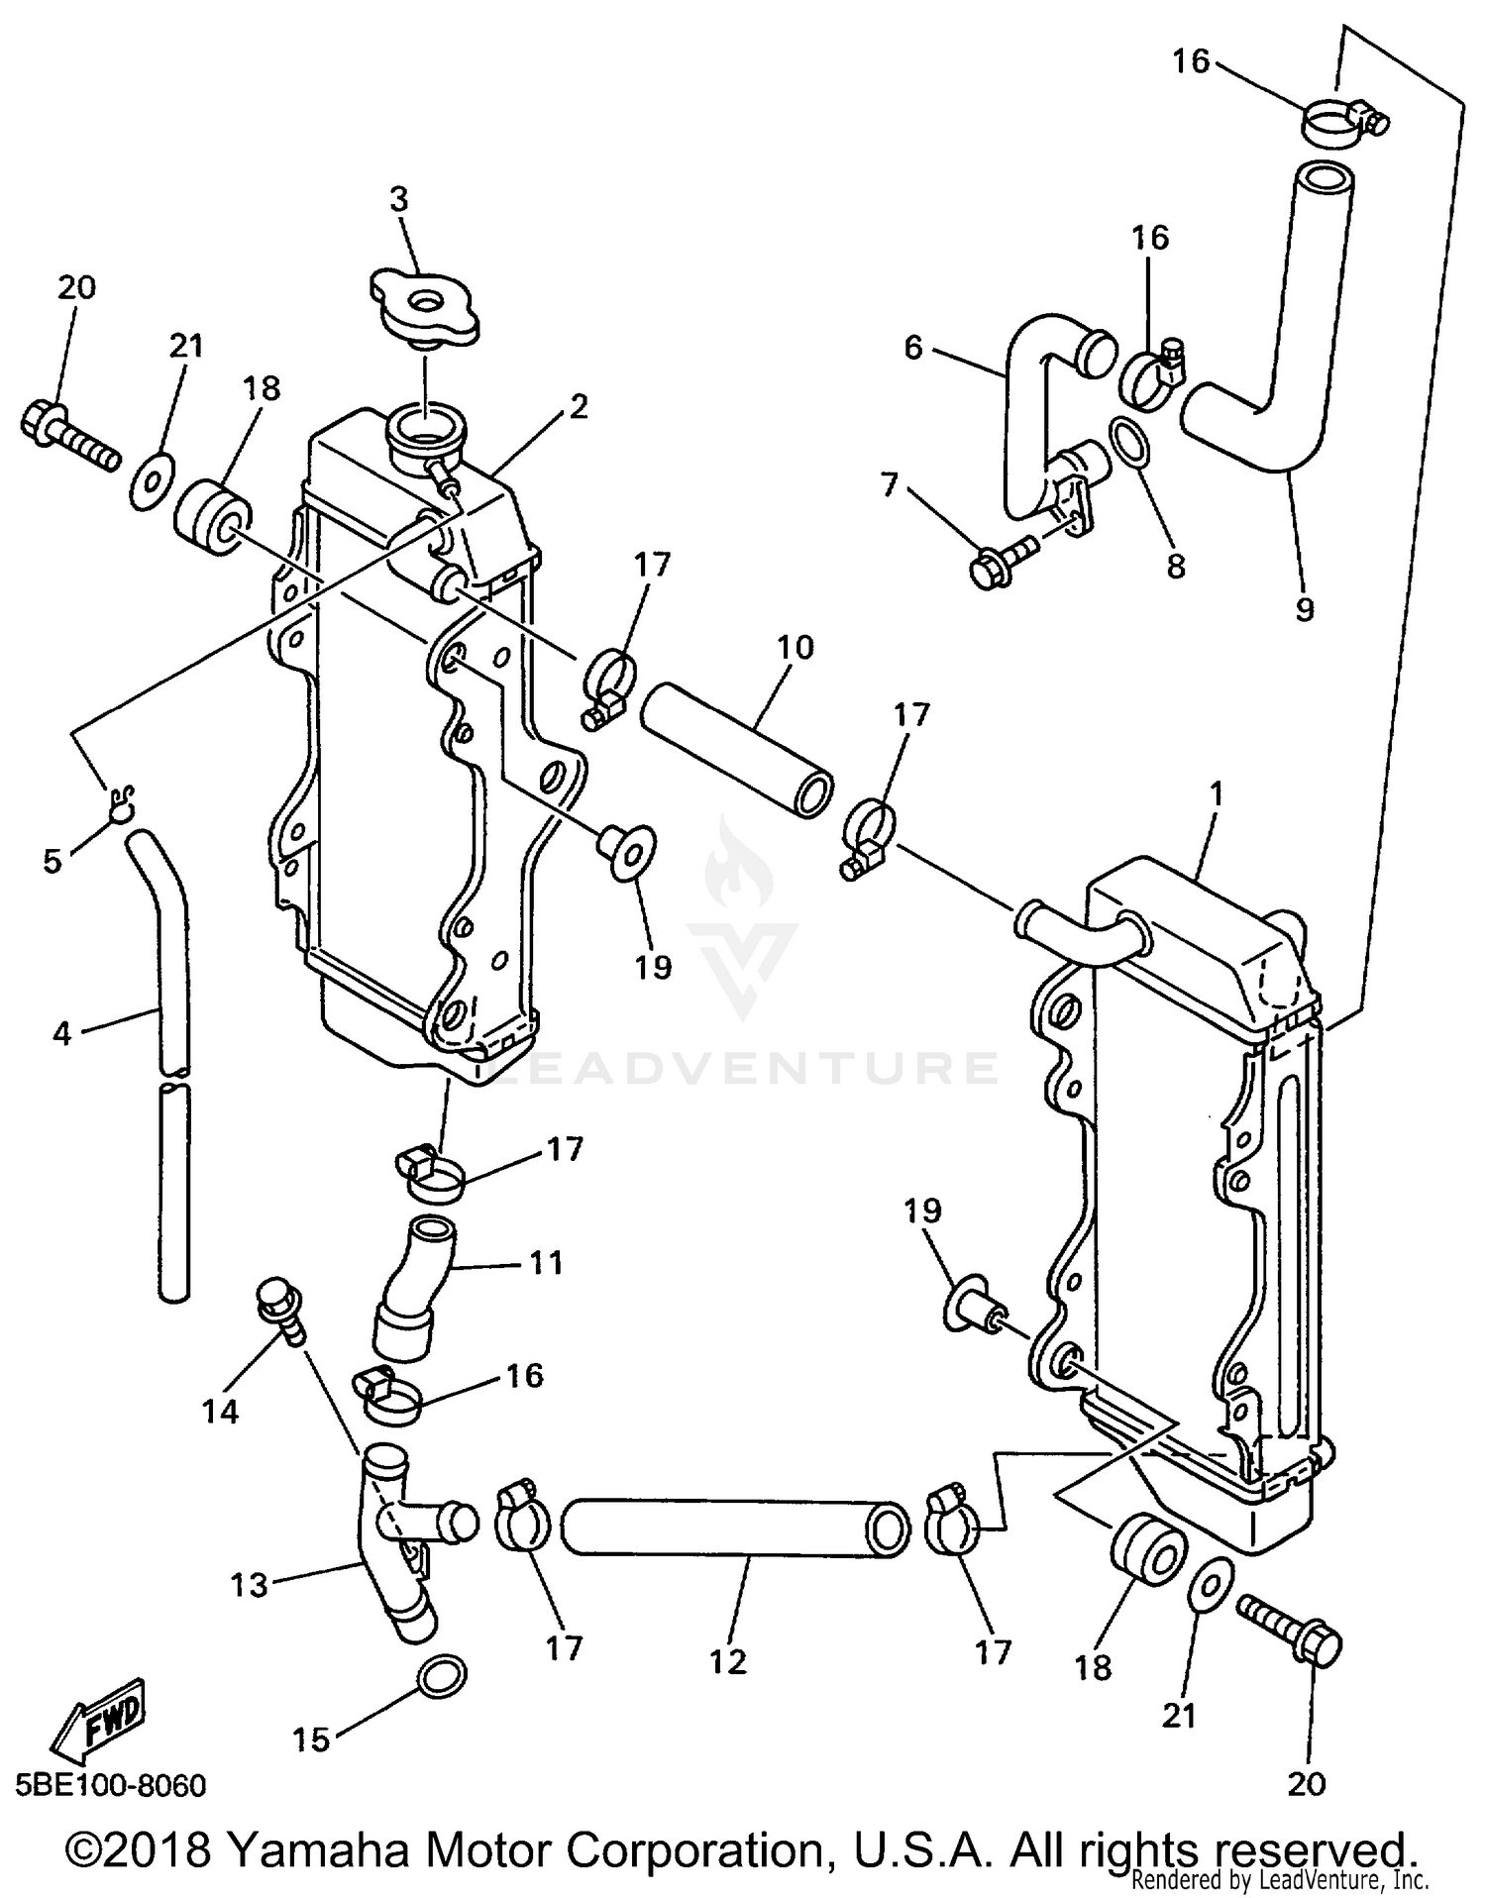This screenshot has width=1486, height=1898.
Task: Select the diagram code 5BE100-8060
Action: coord(111,1785)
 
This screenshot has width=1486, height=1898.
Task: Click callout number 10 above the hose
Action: coord(796,648)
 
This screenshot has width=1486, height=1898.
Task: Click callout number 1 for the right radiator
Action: coord(1217,793)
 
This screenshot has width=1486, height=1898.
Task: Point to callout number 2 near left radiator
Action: coord(579,406)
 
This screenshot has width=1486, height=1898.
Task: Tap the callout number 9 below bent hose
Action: coord(1305,609)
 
